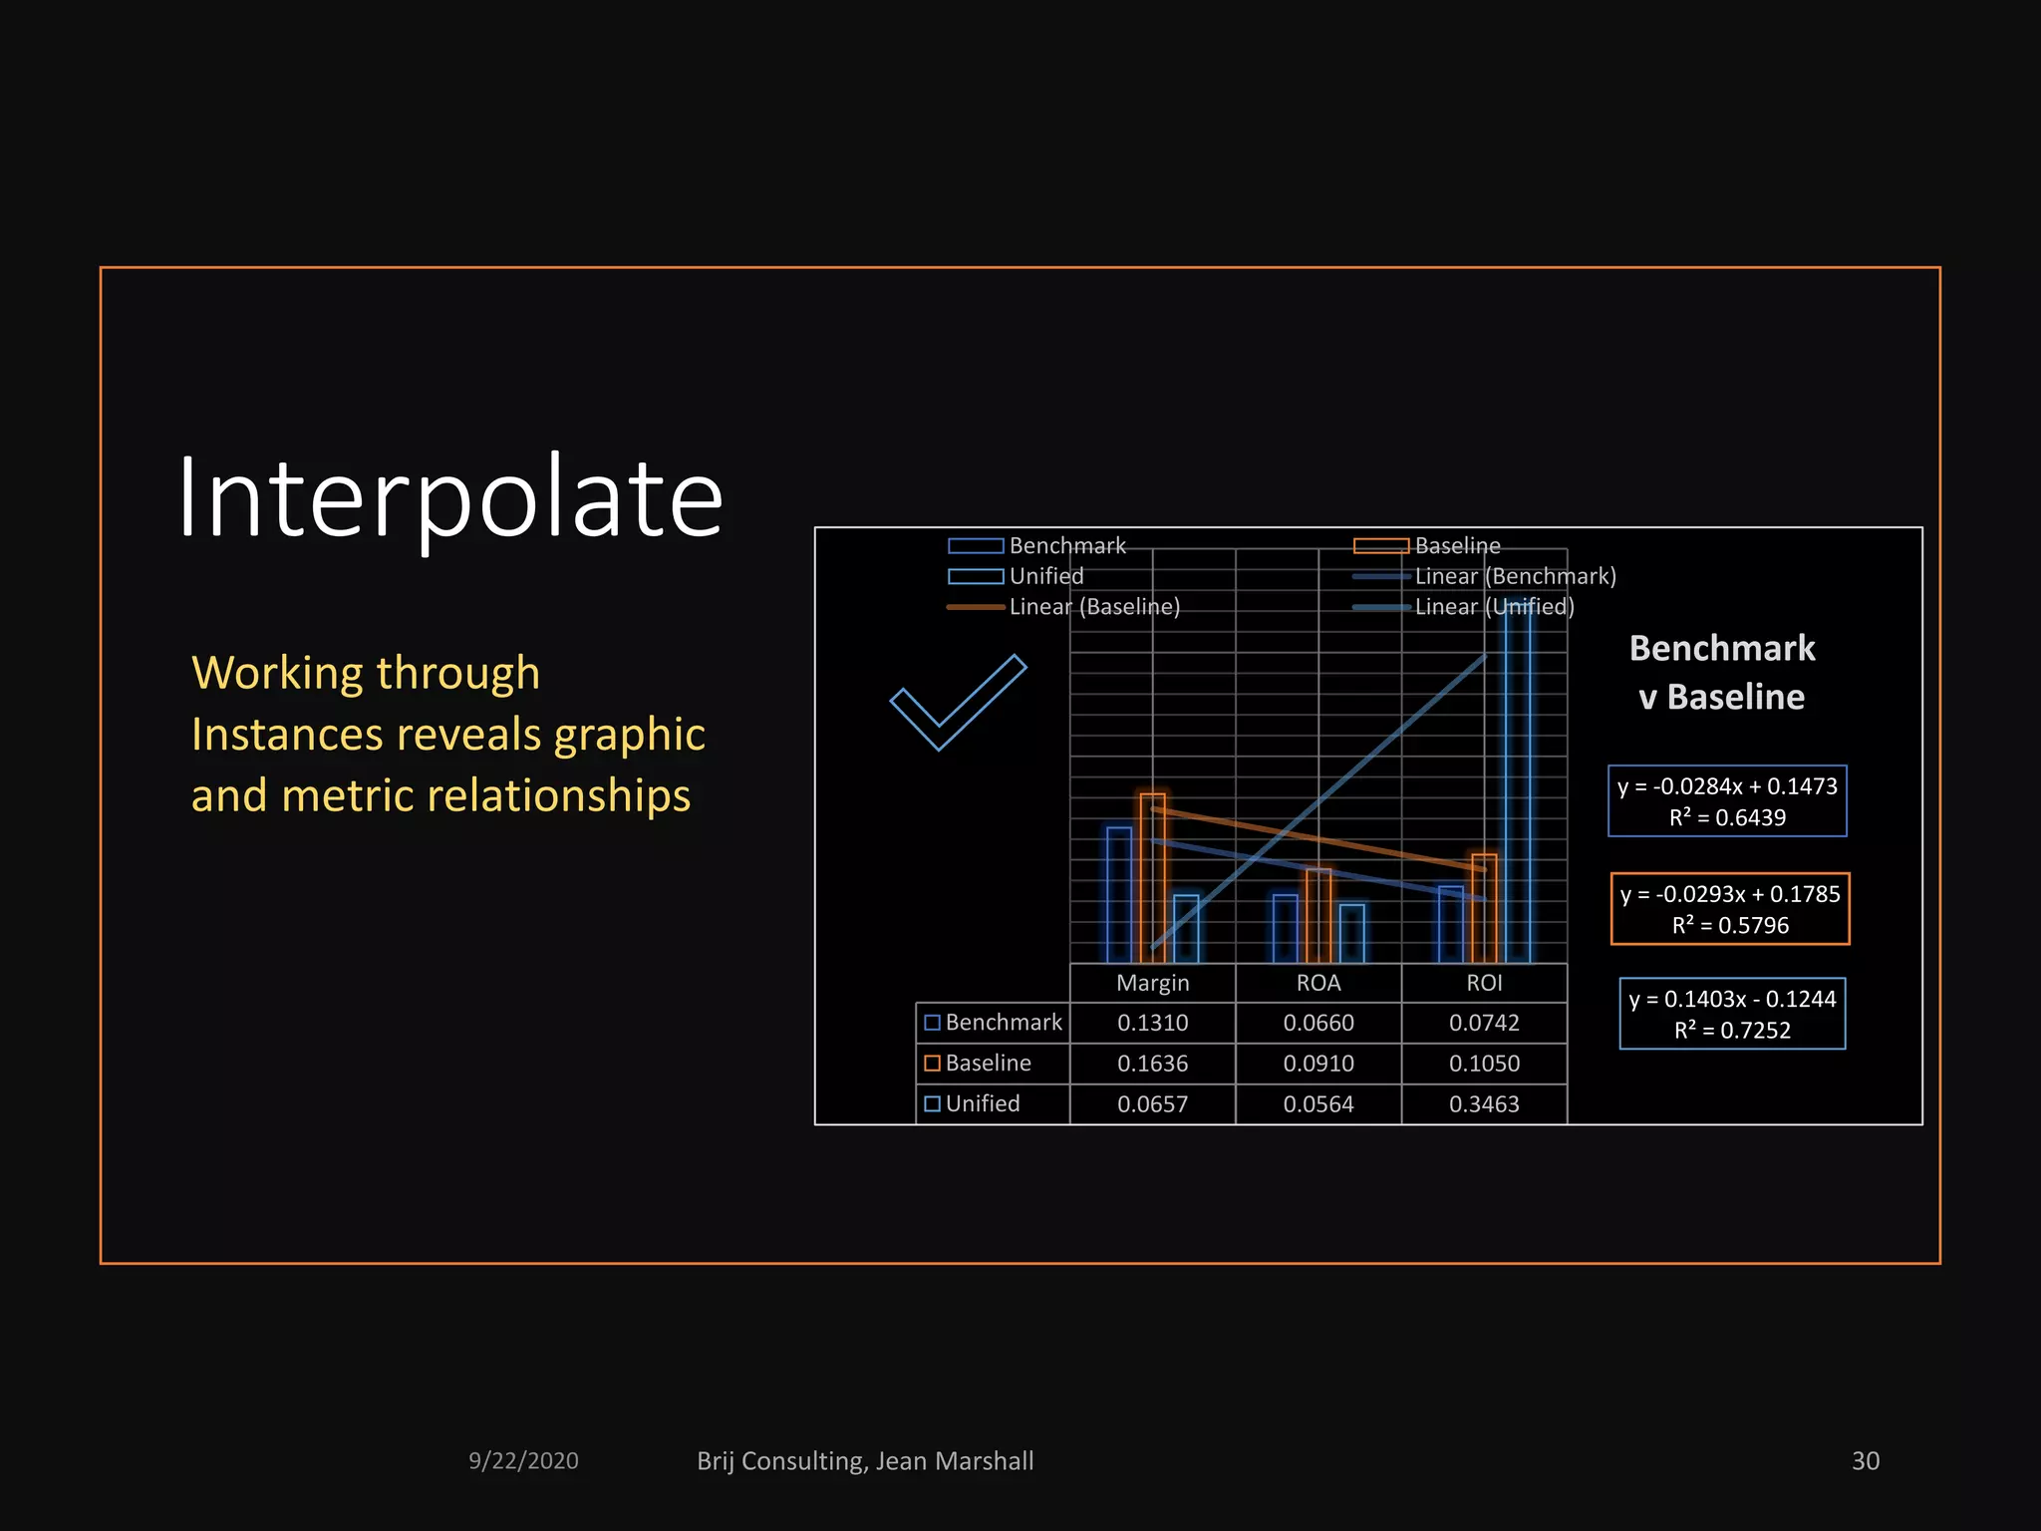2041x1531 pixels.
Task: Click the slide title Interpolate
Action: click(450, 497)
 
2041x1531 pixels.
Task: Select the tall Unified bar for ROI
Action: click(1517, 787)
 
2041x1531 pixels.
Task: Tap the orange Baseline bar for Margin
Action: click(1152, 877)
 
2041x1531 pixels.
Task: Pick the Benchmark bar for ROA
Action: click(1285, 928)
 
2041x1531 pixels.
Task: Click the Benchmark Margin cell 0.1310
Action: click(1152, 1023)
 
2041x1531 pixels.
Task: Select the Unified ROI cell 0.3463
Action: click(1484, 1104)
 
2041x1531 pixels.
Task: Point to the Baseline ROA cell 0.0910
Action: click(1317, 1064)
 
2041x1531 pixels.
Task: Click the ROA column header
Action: click(1317, 983)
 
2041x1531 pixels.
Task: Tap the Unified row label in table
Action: click(982, 1104)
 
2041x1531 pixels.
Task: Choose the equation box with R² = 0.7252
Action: click(1732, 1014)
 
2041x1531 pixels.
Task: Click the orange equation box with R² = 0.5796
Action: click(1730, 909)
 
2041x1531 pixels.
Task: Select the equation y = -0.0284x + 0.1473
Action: click(1727, 786)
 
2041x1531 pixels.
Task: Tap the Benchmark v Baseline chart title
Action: click(1722, 673)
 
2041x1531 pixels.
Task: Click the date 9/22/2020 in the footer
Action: click(523, 1461)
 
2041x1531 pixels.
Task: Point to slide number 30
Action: click(1865, 1461)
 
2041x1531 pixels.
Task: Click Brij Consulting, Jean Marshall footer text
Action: click(864, 1461)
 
